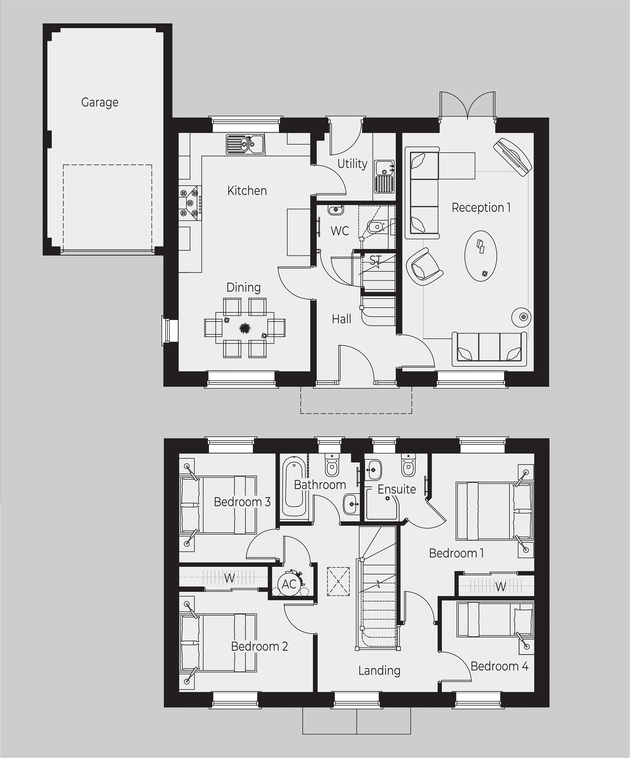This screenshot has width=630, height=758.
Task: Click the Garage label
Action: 100,103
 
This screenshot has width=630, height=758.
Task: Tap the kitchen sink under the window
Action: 245,144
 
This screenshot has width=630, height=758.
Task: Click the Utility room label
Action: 352,164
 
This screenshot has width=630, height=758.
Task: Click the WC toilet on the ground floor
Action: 377,227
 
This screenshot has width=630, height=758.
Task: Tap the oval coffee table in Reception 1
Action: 480,256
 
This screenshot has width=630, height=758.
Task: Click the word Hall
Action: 341,319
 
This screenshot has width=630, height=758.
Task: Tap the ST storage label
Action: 375,260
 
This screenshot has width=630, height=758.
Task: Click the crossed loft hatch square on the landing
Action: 339,581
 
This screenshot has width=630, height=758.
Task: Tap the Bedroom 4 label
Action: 499,666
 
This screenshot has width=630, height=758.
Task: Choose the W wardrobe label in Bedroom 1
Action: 500,587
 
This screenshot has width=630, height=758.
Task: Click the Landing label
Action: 379,671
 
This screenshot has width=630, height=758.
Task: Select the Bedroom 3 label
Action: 242,502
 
